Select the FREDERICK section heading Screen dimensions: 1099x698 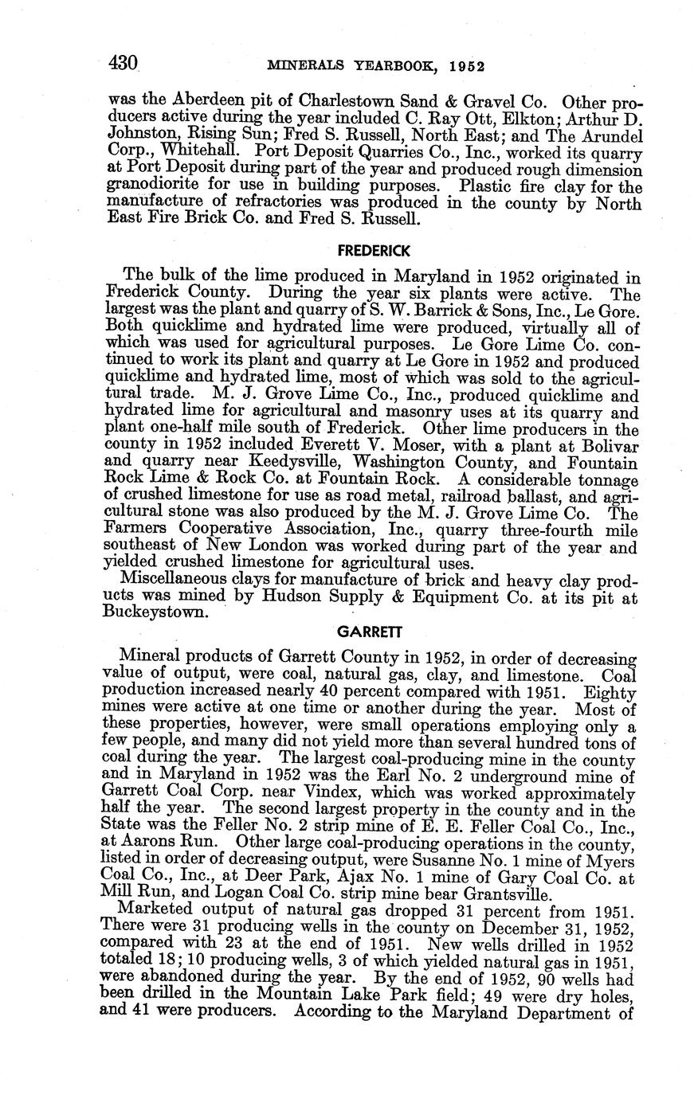[374, 250]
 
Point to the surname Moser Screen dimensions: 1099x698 [378, 447]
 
